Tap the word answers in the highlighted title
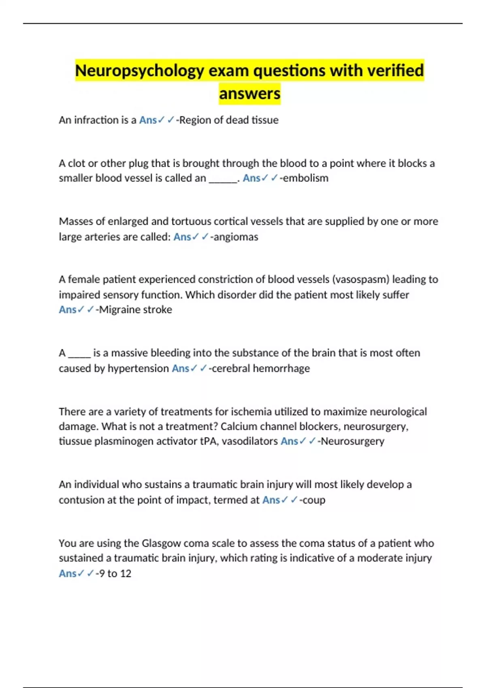[249, 94]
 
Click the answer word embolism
[306, 178]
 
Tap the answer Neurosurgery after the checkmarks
[352, 441]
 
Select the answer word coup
[314, 500]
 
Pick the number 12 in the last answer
[126, 573]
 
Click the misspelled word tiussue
[75, 441]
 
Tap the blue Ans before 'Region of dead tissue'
[148, 120]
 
